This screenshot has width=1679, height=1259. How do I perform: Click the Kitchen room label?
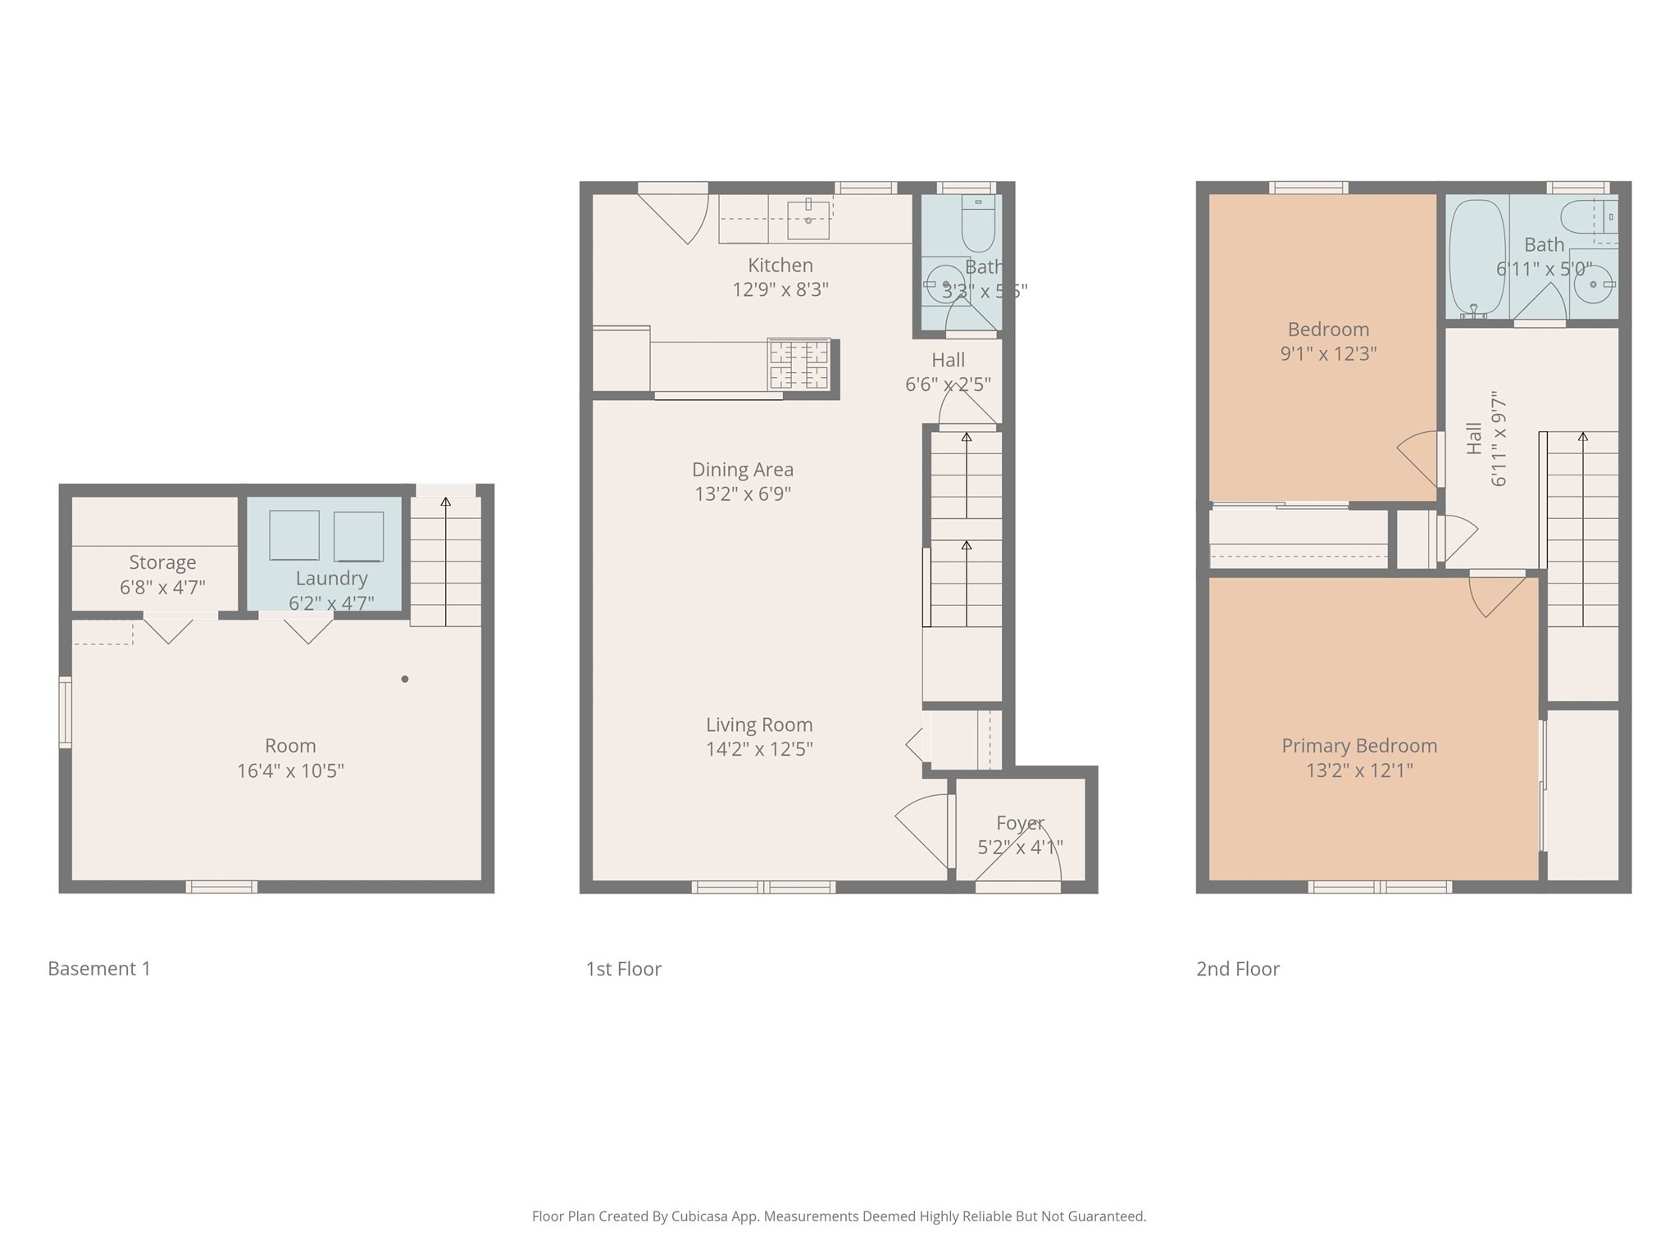pos(780,266)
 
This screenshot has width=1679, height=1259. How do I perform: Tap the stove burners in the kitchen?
pos(799,365)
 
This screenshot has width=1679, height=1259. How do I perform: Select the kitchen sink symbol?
pos(808,218)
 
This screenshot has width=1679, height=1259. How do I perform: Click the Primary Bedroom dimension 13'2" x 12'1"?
pos(1359,770)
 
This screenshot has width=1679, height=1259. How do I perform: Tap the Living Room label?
pos(759,725)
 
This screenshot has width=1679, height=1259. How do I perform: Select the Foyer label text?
pos(1020,823)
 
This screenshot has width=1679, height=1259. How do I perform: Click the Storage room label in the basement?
pos(162,562)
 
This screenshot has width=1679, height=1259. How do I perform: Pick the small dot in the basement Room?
pos(404,679)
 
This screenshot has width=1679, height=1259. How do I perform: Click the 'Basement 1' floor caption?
pos(99,969)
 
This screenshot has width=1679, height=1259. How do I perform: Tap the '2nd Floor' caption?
pos(1237,969)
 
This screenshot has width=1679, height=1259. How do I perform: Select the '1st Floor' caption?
pos(623,969)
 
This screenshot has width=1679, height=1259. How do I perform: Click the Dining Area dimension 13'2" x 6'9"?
pos(742,493)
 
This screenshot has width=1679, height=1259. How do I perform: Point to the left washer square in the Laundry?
pos(293,535)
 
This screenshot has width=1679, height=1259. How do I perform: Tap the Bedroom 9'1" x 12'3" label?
pos(1328,342)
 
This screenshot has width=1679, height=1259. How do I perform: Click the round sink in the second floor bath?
pos(1593,284)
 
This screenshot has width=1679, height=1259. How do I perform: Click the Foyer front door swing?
pos(1035,852)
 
